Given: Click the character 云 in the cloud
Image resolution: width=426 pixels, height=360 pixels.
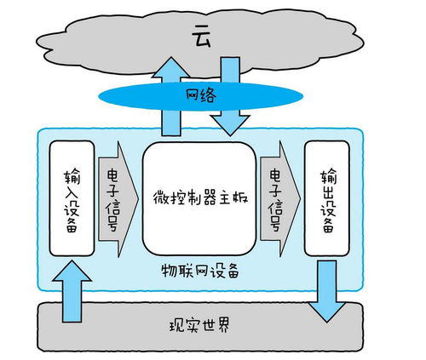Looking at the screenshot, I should click(202, 37).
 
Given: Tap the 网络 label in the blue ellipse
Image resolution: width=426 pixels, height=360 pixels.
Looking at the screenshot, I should click(202, 94).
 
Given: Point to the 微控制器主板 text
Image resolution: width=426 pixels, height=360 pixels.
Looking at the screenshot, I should click(199, 197).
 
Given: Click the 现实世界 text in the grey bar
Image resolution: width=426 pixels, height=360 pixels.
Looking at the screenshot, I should click(200, 326).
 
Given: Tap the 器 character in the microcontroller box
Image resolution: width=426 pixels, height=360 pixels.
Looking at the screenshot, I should click(199, 197).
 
